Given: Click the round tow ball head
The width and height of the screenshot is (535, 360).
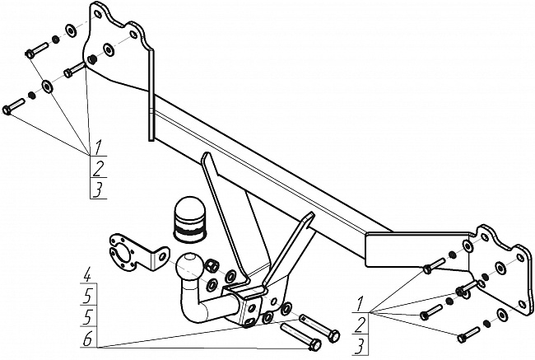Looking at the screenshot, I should click(x=189, y=266).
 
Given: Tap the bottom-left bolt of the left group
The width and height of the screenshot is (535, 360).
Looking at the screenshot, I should click(x=14, y=107).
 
